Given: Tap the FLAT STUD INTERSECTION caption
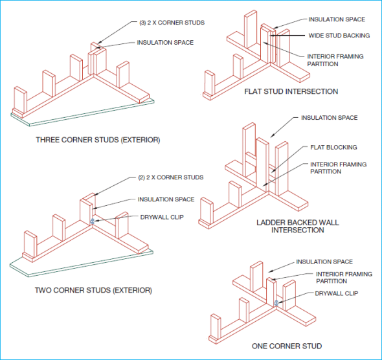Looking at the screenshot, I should tap(291, 91).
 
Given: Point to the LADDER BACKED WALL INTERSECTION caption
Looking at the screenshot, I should tap(297, 226).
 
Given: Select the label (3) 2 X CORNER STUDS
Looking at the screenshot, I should tap(173, 23).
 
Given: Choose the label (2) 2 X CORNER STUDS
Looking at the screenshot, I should tap(171, 177).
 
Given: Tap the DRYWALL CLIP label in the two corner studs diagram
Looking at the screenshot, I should tap(162, 217).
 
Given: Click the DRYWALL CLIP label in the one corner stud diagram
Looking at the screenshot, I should tap(337, 293).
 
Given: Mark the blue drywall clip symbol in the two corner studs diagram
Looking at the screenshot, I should tap(93, 221).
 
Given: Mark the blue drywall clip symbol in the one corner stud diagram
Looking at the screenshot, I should tap(276, 302).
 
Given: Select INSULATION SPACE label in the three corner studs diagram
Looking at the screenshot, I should tap(165, 43).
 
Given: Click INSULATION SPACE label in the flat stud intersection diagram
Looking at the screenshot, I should tap(337, 19).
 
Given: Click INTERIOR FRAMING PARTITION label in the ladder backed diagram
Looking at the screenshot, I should tap(339, 168).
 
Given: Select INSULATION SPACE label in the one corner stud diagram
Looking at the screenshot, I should tap(324, 262).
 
